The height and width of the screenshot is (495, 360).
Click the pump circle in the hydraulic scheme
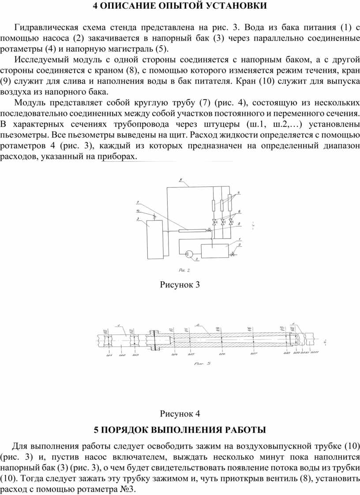pos(189,253)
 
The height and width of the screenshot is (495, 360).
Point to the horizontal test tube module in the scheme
pos(191,230)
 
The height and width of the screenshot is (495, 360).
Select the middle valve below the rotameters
pos(222,222)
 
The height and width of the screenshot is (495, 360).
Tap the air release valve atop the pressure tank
pos(154,217)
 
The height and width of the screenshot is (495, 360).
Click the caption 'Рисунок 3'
pos(180,284)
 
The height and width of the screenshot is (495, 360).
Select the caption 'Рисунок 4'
pos(180,413)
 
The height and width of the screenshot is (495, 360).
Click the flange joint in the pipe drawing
pos(154,340)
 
